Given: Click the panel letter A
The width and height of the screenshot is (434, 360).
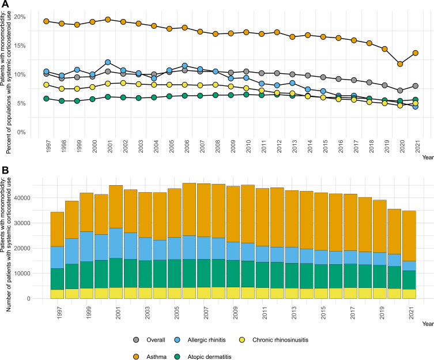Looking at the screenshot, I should (x=5, y=5).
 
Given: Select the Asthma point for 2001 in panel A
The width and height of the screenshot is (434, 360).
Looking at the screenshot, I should (x=108, y=19).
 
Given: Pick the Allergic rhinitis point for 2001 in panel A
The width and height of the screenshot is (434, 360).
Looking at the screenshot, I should (x=108, y=62).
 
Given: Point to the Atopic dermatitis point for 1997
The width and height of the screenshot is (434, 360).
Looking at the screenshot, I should (x=46, y=99).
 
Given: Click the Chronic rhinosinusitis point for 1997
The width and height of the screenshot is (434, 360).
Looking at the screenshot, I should (x=46, y=85).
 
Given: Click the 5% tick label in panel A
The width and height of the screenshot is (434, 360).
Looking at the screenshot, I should (x=21, y=103).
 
